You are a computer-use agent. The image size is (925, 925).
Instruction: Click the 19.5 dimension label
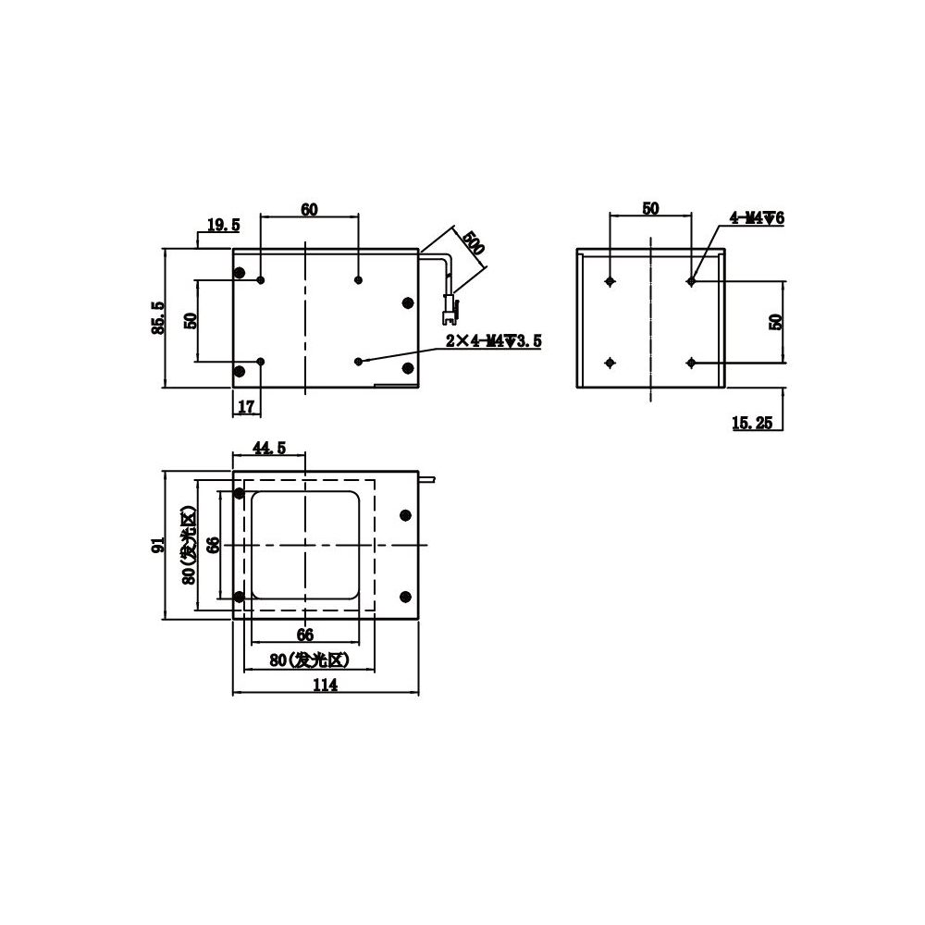pos(224,225)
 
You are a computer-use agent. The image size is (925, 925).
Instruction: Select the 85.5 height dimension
pos(158,318)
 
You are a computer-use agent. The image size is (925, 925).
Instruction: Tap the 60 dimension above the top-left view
pos(309,209)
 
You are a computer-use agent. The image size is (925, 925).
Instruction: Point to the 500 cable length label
pos(473,242)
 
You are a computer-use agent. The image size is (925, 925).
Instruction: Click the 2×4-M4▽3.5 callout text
pos(493,341)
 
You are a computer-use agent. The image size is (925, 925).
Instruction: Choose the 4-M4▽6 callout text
pos(758,217)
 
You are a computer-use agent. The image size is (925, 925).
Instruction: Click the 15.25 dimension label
pos(752,423)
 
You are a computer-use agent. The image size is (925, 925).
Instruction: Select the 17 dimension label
pos(245,406)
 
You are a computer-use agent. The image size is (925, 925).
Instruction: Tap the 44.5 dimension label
pos(269,449)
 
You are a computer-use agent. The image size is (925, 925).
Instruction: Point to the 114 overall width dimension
pos(325,684)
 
